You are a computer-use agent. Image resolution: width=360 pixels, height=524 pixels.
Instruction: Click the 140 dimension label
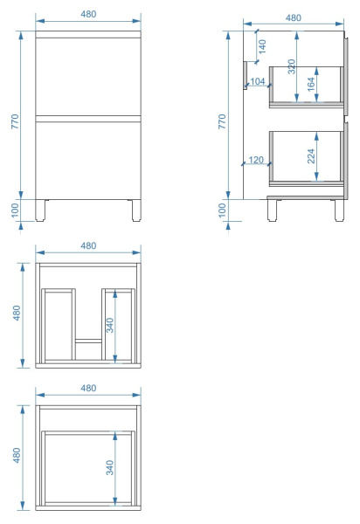(262, 46)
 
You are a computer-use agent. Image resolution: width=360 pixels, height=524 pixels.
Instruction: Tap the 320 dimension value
(292, 66)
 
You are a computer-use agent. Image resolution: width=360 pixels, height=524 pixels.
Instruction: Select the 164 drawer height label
(311, 84)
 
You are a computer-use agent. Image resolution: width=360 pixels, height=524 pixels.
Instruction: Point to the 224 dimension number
(311, 156)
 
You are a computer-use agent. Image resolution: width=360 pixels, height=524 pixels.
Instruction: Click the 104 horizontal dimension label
(258, 81)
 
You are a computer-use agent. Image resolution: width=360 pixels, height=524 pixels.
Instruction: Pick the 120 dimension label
(256, 160)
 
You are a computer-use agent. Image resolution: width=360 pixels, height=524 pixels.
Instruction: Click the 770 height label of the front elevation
(15, 121)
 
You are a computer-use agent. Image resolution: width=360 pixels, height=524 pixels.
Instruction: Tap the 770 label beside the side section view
(222, 121)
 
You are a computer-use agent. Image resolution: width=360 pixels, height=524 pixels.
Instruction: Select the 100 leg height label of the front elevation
(15, 210)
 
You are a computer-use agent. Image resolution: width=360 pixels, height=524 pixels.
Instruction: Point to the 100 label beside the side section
(222, 210)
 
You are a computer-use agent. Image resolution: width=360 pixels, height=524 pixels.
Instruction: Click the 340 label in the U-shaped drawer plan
(109, 325)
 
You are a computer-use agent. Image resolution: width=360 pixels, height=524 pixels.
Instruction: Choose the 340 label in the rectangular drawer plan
(109, 467)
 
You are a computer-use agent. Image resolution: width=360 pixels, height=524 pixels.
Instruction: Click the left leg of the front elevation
(40, 210)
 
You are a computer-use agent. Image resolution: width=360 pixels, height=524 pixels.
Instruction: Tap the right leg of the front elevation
(136, 210)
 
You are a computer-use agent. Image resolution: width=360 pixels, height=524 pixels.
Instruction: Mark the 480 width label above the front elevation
(88, 14)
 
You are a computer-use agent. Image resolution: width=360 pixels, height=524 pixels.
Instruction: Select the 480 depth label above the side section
(294, 17)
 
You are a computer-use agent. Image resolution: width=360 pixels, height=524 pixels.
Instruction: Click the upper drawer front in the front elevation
(88, 77)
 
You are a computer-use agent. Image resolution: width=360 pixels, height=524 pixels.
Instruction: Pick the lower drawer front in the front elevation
(88, 161)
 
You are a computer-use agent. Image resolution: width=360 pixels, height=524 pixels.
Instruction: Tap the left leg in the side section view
(272, 210)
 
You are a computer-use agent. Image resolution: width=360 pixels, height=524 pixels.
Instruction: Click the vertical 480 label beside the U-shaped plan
(17, 313)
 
